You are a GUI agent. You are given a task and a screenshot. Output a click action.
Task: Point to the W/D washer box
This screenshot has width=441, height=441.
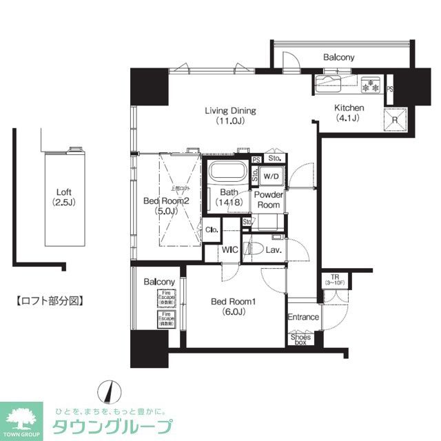coord(270,176)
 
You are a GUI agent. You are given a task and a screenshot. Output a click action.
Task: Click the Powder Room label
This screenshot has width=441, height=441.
coord(268,200)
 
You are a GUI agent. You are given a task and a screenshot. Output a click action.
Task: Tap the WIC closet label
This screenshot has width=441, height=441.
coord(229,250)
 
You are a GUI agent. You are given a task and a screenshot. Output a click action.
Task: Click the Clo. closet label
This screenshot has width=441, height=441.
coord(212,230)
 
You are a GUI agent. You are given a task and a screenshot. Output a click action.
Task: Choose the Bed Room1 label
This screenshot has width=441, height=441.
coord(228,305)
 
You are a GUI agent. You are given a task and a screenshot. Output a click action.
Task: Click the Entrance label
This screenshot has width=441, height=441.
coord(303,317)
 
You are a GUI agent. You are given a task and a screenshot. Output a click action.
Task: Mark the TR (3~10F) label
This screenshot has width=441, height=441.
coord(334,280)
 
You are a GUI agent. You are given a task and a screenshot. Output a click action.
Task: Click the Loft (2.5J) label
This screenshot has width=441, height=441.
coord(64,197)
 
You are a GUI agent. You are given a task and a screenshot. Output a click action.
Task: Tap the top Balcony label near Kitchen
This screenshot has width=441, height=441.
coord(338,57)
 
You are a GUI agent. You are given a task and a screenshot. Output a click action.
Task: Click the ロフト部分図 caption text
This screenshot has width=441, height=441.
coord(49,300)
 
